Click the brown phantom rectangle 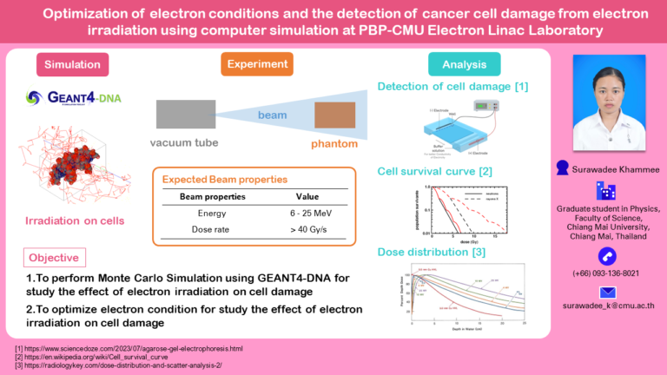coord(334,115)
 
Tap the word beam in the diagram coord(271,115)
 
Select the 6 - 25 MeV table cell coord(307,214)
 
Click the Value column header coord(307,197)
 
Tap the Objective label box coord(54,258)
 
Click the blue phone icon coord(607,255)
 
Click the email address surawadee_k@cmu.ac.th coord(607,306)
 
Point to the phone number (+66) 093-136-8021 coord(607,273)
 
